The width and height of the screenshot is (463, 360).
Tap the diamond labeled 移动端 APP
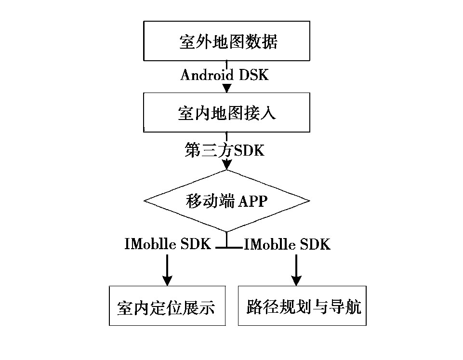227,200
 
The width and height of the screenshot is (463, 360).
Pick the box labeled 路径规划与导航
303,307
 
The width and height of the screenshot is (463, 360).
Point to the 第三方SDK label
225,150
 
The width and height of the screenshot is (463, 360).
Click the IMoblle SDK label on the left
167,244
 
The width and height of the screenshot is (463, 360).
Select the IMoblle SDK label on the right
288,244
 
